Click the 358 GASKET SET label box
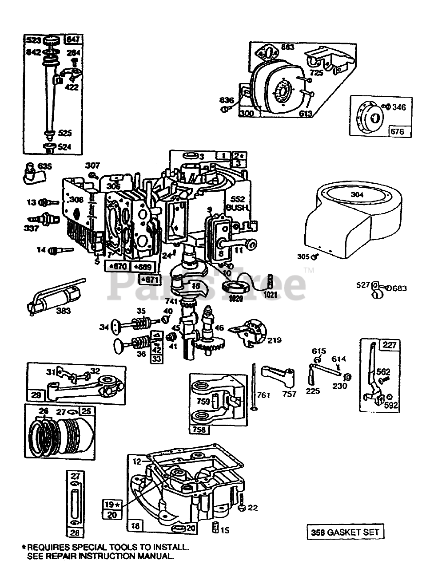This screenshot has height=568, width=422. click(345, 532)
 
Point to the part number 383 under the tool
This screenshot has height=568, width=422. click(64, 311)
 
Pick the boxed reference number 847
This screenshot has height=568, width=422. click(73, 39)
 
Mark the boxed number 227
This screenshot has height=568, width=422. click(391, 345)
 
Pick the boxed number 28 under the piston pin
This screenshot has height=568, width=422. click(73, 532)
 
